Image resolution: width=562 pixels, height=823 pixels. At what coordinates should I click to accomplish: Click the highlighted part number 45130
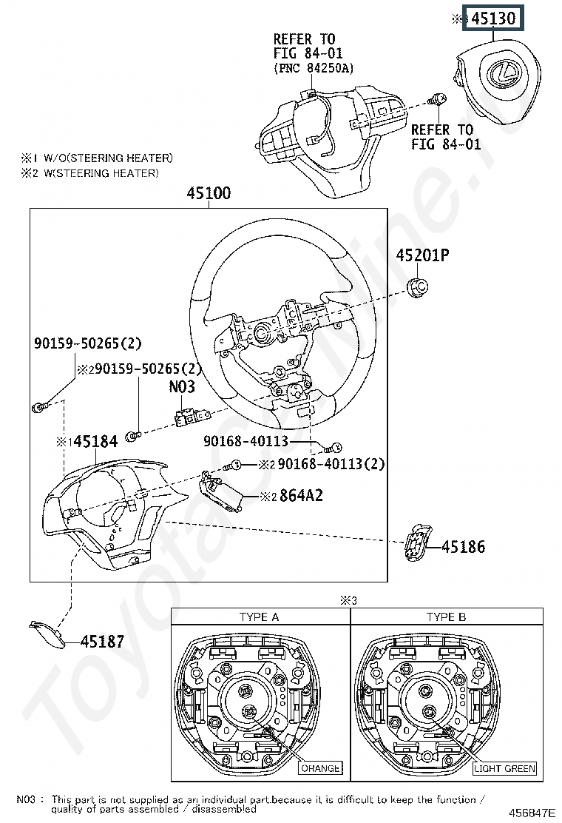coord(493,19)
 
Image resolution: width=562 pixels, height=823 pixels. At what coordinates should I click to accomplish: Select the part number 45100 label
coord(209,194)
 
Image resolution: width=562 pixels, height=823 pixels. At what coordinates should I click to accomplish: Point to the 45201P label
coord(422,256)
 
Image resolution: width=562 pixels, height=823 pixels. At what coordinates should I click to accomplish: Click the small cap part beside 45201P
coord(419,286)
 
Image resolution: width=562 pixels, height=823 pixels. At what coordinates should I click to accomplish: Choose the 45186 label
coord(464,548)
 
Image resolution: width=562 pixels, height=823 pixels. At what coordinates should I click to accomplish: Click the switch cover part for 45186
coord(417,544)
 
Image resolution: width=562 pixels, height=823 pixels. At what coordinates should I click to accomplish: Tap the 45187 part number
coord(102,642)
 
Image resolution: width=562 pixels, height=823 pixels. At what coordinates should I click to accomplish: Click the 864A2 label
coord(301,495)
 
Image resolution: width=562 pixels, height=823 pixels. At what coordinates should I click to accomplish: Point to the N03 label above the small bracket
coord(181,386)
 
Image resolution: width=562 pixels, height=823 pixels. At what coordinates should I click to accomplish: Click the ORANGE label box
coord(320,768)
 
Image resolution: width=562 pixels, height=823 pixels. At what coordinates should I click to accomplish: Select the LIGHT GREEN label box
coord(504,768)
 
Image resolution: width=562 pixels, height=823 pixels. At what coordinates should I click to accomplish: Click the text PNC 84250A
coord(314,68)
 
